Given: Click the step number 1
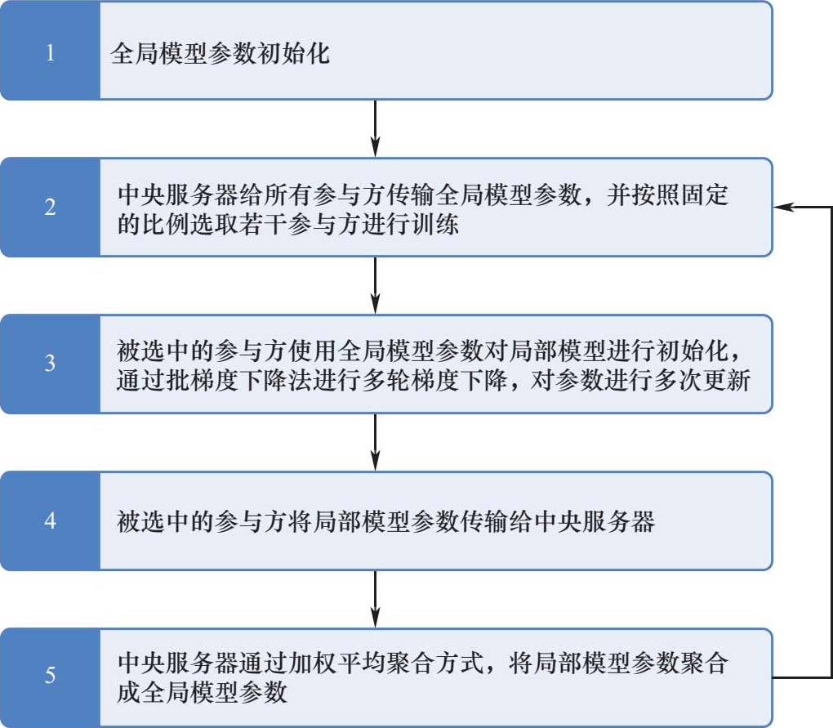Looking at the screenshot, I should click(x=50, y=55).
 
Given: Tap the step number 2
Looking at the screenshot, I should click(x=50, y=208).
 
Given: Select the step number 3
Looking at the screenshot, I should click(x=50, y=364).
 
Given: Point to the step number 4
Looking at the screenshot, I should click(x=50, y=520).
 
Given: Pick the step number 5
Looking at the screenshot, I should click(x=50, y=677).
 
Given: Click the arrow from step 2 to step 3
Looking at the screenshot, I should click(x=374, y=285).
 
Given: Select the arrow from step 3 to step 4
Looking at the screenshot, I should click(x=374, y=442).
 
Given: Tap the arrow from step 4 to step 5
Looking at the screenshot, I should click(x=374, y=599).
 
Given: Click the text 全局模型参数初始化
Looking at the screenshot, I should click(x=220, y=56).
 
